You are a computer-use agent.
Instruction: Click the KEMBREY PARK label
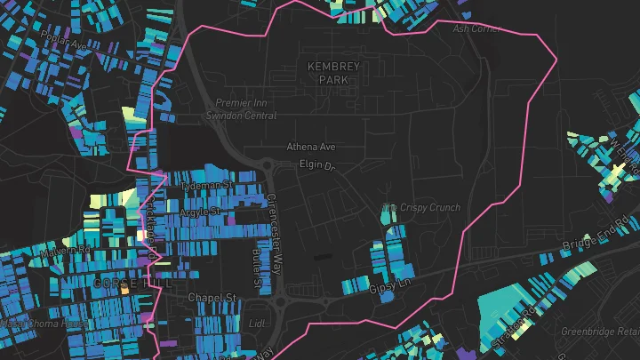tap(331, 73)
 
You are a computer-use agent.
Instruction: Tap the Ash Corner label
tap(477, 28)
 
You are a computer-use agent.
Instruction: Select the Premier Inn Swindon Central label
tap(240, 109)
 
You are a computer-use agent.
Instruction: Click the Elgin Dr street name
tap(315, 166)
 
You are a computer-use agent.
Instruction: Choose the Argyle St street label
tap(201, 212)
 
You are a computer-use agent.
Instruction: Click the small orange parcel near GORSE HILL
tap(124, 291)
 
